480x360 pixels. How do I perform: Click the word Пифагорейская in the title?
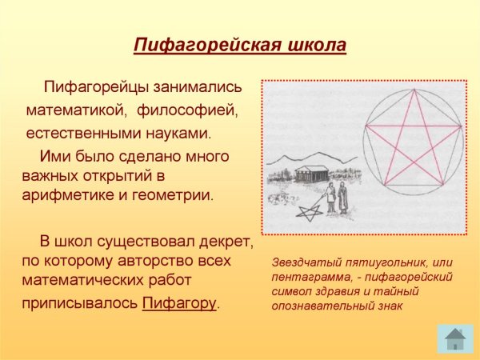click(207, 46)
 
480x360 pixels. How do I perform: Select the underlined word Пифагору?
click(179, 303)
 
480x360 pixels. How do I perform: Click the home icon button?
click(455, 339)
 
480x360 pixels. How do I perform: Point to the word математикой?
click(77, 110)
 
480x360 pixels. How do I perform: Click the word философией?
click(187, 110)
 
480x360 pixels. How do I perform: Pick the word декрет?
click(226, 242)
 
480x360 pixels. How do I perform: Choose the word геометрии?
click(172, 195)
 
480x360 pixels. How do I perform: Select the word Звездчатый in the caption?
click(306, 262)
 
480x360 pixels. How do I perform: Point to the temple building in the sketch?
click(312, 174)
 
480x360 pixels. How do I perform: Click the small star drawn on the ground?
click(310, 213)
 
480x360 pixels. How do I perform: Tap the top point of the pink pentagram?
click(414, 89)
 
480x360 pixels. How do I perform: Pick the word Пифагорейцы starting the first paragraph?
click(96, 87)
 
